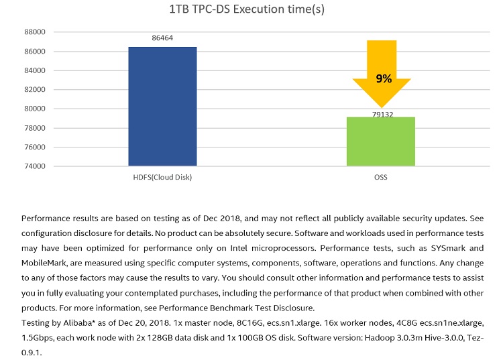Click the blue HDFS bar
click(162, 106)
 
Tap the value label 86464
click(162, 38)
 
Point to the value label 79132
click(382, 115)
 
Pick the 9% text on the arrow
click(384, 78)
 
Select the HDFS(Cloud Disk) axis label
click(162, 178)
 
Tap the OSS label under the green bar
click(380, 178)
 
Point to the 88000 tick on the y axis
click(34, 32)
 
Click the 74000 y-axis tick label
click(34, 166)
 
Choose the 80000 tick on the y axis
click(34, 109)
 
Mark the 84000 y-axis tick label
click(34, 70)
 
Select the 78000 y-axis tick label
click(34, 128)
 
